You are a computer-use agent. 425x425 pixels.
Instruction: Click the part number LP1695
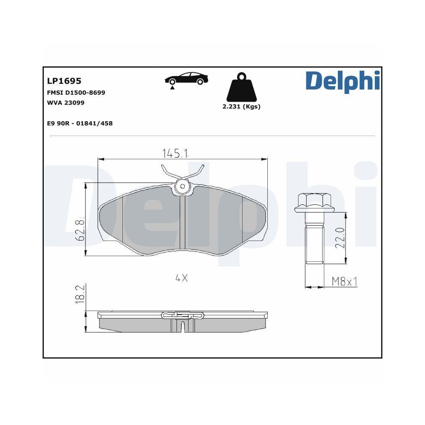(x=64, y=81)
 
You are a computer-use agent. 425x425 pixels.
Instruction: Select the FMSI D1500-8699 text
(x=76, y=92)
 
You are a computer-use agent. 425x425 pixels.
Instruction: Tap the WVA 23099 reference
(x=65, y=102)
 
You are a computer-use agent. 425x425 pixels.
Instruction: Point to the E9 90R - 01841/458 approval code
(x=79, y=123)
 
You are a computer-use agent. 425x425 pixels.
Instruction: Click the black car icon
(x=187, y=79)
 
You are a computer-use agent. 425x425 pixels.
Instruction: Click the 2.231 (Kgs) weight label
(x=241, y=107)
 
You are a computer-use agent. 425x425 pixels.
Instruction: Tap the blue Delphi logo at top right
(x=342, y=81)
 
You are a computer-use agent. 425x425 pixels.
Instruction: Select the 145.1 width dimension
(x=175, y=153)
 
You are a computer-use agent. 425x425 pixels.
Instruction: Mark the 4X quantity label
(x=181, y=278)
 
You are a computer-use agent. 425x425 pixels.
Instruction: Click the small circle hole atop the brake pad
(x=183, y=186)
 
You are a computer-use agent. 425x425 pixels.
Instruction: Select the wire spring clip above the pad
(x=183, y=172)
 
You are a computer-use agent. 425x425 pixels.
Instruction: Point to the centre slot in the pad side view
(x=182, y=326)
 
